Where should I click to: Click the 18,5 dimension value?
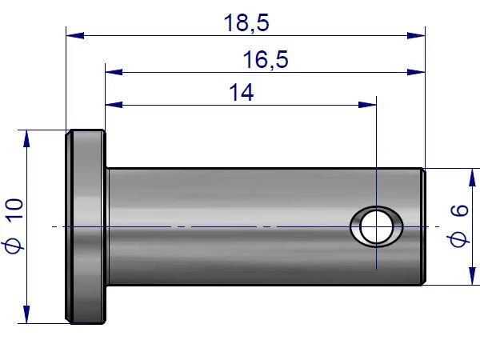tap(246, 23)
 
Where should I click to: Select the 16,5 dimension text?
tap(266, 60)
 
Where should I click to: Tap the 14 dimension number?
tap(242, 93)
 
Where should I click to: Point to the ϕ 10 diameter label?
tap(13, 226)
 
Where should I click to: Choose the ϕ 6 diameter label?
tap(459, 226)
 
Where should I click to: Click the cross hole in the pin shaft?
tap(377, 226)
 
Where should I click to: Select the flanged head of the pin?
tap(86, 226)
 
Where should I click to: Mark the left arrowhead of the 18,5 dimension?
tap(75, 35)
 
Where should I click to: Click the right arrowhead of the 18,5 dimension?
tap(416, 35)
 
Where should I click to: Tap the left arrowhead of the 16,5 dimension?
tap(114, 72)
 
